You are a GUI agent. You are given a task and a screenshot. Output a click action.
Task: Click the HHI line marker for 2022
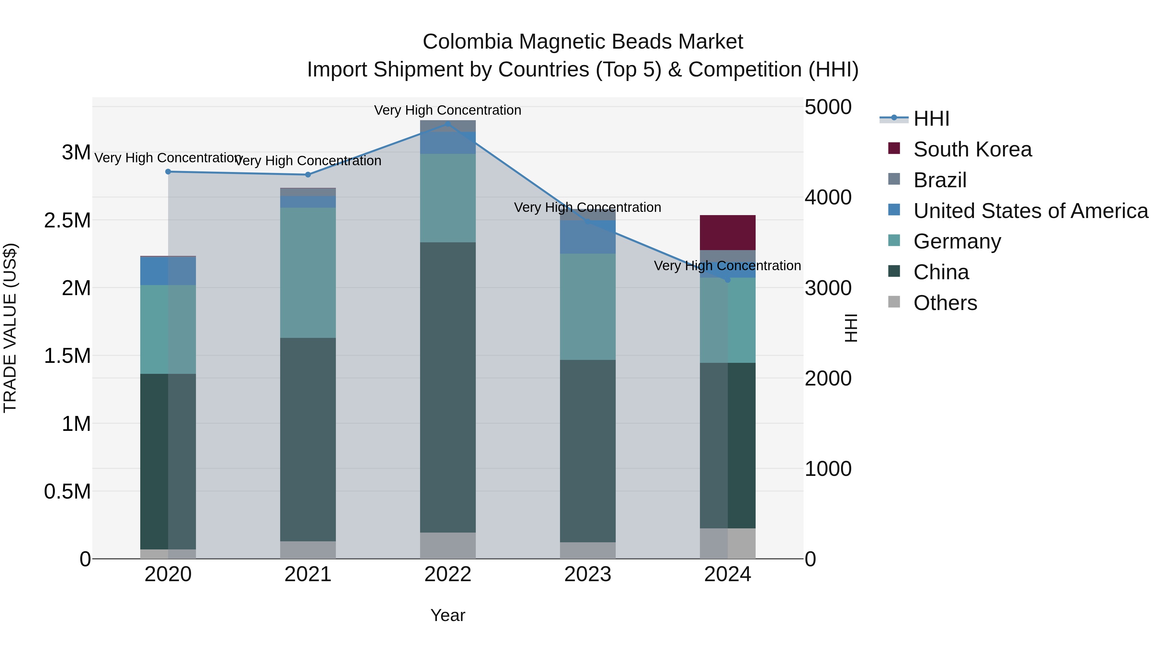448,124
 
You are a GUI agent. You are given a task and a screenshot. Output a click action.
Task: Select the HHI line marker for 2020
168,172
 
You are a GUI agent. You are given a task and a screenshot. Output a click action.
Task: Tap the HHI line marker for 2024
727,280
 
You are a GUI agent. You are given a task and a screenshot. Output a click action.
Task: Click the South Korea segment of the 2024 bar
727,233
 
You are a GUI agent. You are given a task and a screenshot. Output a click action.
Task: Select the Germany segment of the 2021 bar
308,272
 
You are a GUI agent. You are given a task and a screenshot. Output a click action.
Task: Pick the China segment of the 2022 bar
448,387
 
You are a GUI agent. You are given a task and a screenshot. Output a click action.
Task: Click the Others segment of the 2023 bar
588,550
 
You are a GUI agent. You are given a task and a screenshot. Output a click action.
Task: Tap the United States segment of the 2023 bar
588,237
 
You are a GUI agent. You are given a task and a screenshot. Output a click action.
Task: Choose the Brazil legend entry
940,180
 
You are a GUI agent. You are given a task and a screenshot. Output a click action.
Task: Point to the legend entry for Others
945,303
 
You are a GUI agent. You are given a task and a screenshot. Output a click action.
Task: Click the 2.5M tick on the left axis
67,221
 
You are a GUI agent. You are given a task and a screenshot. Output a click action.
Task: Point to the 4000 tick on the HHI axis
828,197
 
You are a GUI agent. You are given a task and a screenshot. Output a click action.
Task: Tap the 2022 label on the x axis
448,574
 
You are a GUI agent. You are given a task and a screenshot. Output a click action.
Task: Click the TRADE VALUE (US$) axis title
10,328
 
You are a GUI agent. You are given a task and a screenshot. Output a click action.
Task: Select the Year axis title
448,615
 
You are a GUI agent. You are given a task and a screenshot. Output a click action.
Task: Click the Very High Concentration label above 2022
448,110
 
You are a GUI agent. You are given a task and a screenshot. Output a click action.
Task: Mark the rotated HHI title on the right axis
851,328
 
